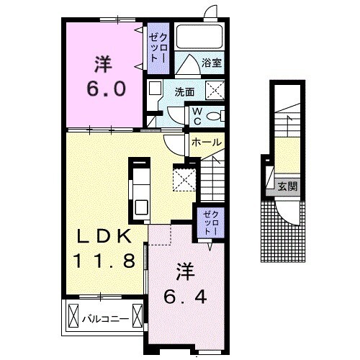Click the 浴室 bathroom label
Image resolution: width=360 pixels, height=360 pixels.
tap(212, 63)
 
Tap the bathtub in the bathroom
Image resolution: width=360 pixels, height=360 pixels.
tap(199, 37)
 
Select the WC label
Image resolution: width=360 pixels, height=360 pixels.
tap(197, 116)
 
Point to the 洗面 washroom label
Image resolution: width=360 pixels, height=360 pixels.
tap(184, 92)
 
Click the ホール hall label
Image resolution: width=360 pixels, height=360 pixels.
tap(207, 143)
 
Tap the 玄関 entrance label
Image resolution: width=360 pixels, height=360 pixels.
tap(287, 186)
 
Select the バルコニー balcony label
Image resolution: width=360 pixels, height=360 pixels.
tap(106, 319)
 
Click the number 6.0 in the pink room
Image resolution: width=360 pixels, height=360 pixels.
tap(107, 89)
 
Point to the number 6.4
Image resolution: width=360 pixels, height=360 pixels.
tap(185, 297)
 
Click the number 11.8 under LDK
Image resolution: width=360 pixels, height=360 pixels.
tap(104, 261)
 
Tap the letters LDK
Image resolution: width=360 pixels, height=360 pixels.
tap(104, 236)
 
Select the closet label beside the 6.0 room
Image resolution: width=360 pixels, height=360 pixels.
tap(158, 48)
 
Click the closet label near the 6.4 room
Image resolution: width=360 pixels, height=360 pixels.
tap(210, 223)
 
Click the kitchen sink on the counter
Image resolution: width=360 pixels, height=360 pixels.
tap(141, 207)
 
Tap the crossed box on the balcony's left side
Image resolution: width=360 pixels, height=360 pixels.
tap(73, 316)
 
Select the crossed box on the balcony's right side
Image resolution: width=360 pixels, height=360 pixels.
tap(138, 316)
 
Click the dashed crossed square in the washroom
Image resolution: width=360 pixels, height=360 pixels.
tap(215, 90)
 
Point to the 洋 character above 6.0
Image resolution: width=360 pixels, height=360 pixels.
tap(104, 64)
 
